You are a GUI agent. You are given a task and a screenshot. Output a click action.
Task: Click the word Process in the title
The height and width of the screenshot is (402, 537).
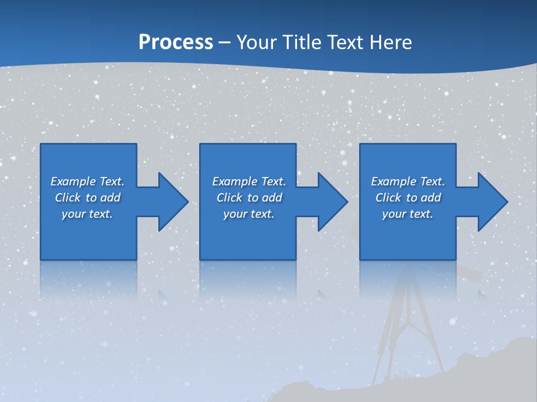(x=176, y=42)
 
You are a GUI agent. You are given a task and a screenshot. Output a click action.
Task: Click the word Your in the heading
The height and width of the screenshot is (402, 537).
(x=257, y=42)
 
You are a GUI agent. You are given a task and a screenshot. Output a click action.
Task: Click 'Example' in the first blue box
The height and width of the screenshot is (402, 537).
(x=73, y=181)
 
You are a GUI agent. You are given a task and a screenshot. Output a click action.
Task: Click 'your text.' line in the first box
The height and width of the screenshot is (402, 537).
(x=87, y=214)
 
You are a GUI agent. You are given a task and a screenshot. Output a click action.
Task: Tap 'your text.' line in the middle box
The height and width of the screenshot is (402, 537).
(x=249, y=214)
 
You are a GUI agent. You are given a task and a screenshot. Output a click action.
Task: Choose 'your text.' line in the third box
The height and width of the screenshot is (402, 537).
(x=408, y=214)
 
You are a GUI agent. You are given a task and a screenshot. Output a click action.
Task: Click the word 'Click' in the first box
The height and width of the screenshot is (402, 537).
(x=67, y=198)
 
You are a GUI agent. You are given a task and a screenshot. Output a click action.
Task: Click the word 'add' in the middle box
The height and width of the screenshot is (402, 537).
(x=271, y=198)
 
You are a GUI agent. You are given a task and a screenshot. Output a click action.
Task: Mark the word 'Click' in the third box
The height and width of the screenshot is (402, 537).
(x=388, y=198)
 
